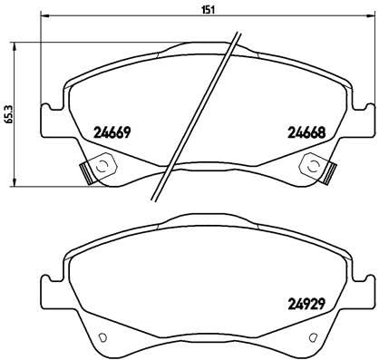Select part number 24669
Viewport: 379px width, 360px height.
coord(113,132)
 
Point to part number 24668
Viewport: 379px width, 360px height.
coord(306,132)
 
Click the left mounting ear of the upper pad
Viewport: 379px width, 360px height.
coord(50,119)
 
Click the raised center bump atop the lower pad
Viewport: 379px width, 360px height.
coord(205,222)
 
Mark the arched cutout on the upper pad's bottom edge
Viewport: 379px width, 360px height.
coord(205,173)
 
